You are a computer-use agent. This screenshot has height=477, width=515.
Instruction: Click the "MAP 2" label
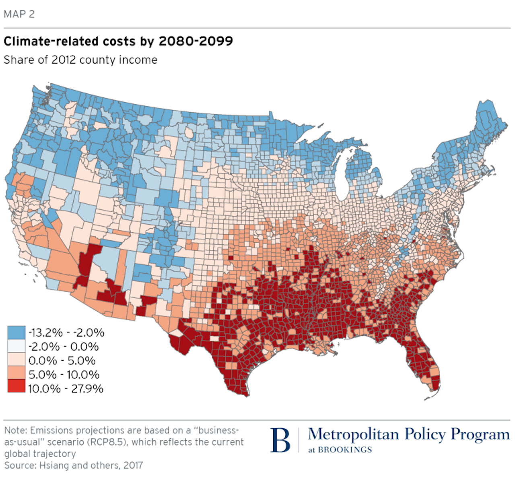click(19, 14)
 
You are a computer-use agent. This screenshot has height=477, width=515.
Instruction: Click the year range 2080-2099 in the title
click(196, 41)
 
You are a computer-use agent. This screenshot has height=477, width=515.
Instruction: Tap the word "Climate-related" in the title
click(50, 41)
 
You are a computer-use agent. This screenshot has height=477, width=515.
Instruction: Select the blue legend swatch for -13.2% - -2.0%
click(16, 332)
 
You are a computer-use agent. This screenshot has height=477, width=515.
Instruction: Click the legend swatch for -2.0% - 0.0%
click(16, 347)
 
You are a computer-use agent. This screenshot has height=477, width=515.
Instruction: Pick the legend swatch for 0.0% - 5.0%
click(16, 360)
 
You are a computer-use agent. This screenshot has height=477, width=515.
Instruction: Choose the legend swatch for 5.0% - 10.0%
click(16, 374)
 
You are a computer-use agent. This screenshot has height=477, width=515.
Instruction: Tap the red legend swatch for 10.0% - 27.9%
click(16, 388)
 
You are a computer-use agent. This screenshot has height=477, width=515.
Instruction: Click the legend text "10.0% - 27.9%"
click(66, 388)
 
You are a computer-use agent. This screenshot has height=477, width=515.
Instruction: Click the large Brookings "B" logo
click(280, 440)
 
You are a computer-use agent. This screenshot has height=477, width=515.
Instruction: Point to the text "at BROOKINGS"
click(340, 450)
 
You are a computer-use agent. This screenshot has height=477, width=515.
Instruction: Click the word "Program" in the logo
click(480, 435)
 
